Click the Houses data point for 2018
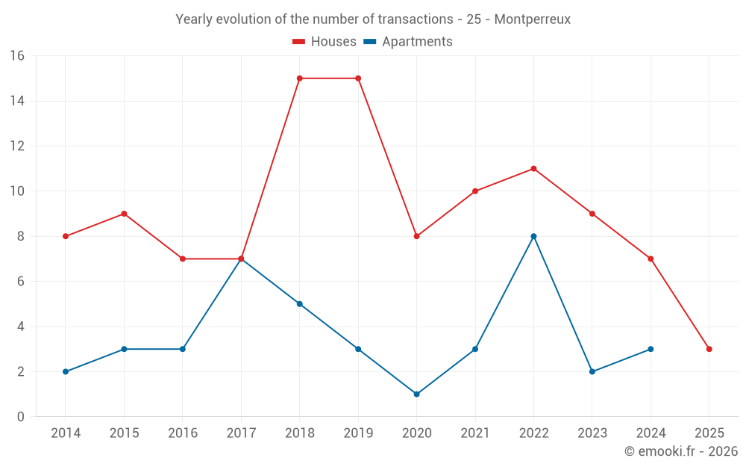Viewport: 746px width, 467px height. (299, 78)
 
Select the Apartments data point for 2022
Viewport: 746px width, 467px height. (533, 236)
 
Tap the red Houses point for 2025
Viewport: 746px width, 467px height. (709, 349)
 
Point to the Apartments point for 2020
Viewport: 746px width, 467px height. (416, 394)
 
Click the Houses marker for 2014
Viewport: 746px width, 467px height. (66, 236)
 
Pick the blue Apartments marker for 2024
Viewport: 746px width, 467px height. (651, 349)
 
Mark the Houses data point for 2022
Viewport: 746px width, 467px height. (533, 169)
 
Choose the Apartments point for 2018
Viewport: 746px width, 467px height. (299, 304)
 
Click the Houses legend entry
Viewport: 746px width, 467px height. (325, 42)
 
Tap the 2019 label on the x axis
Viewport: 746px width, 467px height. (358, 433)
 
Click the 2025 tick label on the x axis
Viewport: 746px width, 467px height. (709, 433)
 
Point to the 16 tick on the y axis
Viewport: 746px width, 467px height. (17, 56)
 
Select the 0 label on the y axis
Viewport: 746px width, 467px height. (21, 417)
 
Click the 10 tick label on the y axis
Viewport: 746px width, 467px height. (17, 191)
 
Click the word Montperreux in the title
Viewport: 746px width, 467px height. (532, 19)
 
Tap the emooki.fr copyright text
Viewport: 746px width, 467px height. (681, 451)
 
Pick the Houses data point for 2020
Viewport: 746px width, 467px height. (416, 236)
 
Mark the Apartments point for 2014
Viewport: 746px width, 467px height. (66, 371)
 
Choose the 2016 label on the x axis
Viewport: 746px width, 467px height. (183, 433)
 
